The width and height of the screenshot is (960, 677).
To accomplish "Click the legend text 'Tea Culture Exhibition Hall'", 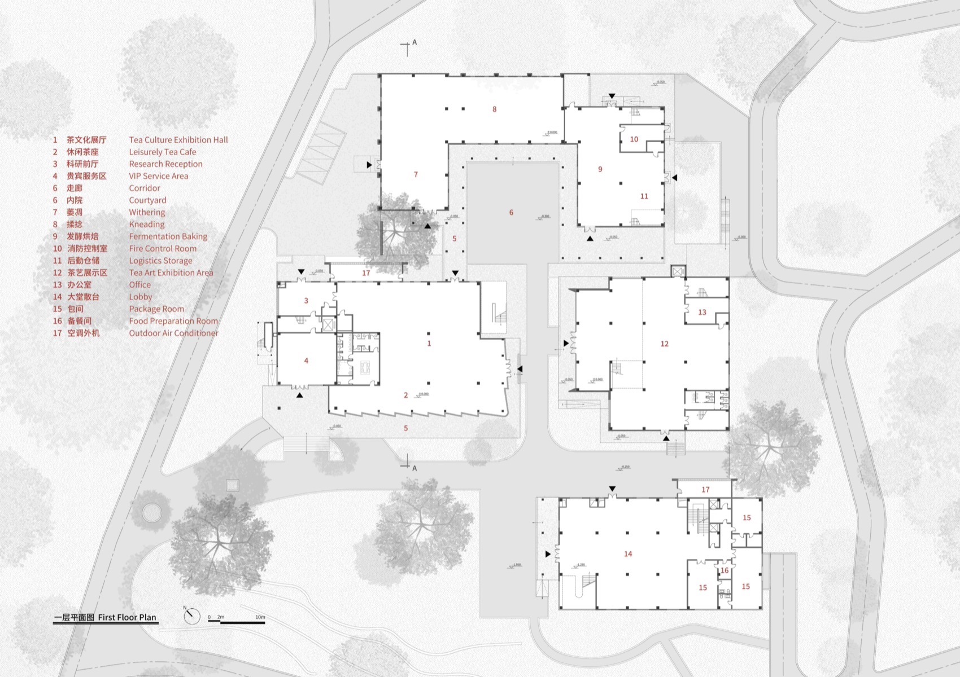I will (178, 140).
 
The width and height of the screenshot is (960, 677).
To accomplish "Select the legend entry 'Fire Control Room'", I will (163, 249).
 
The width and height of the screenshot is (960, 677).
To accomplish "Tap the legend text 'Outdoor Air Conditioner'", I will (173, 333).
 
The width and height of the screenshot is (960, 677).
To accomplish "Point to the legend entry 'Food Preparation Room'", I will (173, 321).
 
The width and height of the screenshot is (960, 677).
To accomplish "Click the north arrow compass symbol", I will (191, 616).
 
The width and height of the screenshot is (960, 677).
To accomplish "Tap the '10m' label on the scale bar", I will (260, 617).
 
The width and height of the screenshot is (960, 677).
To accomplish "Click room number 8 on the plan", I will (494, 109).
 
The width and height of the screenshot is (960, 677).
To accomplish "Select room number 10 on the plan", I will (634, 139).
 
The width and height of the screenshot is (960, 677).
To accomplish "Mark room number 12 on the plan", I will (664, 344).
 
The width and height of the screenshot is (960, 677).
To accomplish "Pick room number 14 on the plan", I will (628, 554).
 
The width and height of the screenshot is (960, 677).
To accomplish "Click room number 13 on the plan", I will (702, 312).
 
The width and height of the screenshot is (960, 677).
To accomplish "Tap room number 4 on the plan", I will (306, 361).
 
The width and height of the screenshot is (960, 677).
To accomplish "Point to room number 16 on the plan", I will (725, 570).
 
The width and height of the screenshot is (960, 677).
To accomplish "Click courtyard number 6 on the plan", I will (511, 213).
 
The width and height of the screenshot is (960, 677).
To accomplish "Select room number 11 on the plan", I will (644, 196).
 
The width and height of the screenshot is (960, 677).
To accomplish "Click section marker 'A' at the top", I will (414, 42).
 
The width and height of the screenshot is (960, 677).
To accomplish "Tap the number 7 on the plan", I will (416, 174).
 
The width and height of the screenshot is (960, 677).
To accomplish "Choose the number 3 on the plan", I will (306, 301).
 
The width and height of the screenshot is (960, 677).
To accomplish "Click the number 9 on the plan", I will (600, 169).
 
